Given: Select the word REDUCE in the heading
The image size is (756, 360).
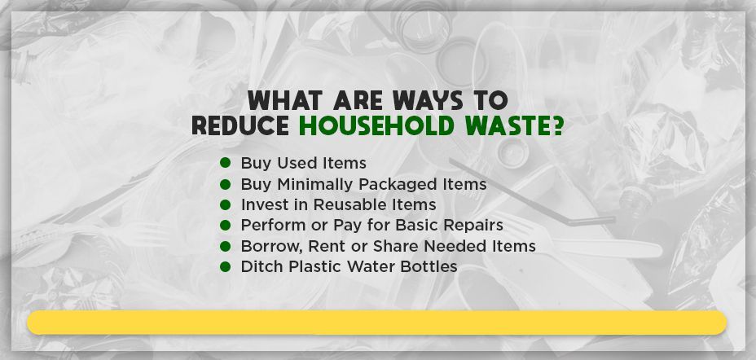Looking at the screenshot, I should pos(240,126).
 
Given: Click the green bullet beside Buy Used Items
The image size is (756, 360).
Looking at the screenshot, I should pos(226,164).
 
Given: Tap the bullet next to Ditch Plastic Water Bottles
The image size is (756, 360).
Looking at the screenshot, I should pos(226,266).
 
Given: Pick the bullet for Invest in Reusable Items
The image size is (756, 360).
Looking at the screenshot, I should pos(226,204).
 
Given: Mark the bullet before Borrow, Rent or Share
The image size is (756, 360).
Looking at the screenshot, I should pos(226,246).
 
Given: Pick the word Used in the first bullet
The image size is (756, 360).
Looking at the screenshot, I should pos(291,164).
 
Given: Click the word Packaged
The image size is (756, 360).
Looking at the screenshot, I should pos(395,185).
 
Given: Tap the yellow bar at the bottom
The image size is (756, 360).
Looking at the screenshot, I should pos(376,323).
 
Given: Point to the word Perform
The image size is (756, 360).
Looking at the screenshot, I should pos(270,225).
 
